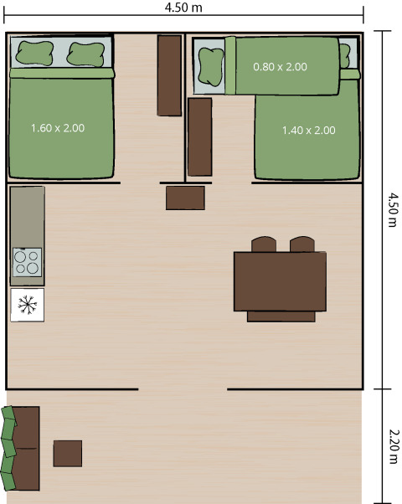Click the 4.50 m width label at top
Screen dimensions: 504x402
point(184,8)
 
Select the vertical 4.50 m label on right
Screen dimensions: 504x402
point(392,209)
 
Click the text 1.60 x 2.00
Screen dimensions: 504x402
point(58,128)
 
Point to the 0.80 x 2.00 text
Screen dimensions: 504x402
point(280,67)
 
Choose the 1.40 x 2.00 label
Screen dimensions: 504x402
point(308,130)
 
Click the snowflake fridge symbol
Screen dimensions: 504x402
point(27,305)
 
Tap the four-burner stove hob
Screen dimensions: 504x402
point(27,262)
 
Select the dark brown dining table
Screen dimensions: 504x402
point(280,281)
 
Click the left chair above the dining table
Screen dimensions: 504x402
point(263,244)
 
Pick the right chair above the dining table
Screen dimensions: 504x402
point(301,244)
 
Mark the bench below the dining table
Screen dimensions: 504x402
point(281,316)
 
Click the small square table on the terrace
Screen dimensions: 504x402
point(68,453)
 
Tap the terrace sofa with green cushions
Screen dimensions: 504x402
point(21,449)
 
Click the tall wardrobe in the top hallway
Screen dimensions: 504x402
point(169,75)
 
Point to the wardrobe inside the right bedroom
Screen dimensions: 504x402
point(199,136)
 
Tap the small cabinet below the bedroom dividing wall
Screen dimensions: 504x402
point(185,198)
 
